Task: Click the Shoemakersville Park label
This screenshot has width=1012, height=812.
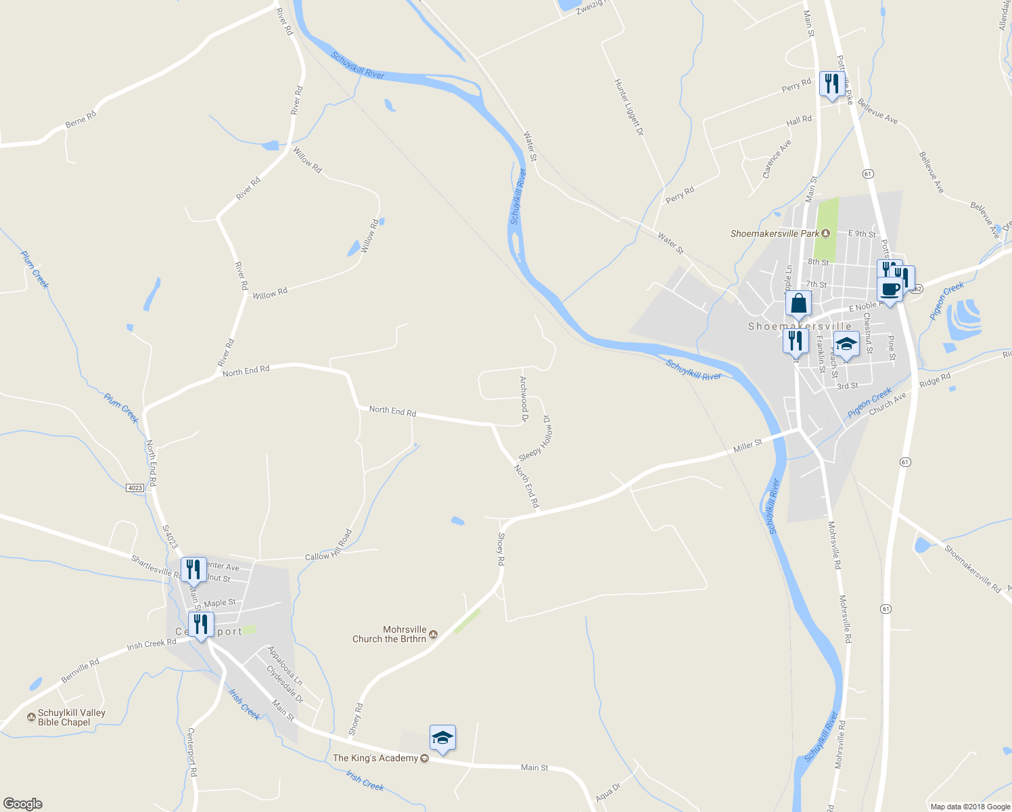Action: tap(775, 233)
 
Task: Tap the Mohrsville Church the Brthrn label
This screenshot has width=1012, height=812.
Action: tap(390, 634)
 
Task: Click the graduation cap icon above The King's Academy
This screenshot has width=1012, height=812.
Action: tap(442, 738)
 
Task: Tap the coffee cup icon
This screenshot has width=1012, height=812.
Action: tap(890, 290)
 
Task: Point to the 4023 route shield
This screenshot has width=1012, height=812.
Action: tap(135, 487)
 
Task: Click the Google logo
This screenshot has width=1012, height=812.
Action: tap(22, 804)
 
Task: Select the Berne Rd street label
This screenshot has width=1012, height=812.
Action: tap(80, 120)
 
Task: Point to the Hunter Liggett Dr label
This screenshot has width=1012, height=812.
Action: tap(628, 107)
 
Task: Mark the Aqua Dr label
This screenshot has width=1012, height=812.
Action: tap(607, 793)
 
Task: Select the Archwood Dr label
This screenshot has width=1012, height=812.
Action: tap(523, 399)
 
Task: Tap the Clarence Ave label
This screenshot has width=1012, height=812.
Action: tap(777, 160)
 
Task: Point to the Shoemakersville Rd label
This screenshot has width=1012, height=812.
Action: tap(972, 569)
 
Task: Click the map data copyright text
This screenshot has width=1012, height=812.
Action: tap(969, 807)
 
